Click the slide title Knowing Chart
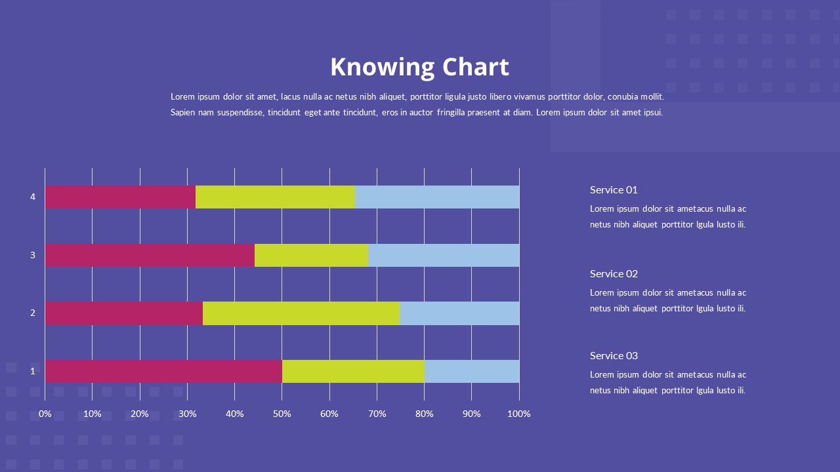point(419,67)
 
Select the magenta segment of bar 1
point(163,371)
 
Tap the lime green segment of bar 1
point(353,371)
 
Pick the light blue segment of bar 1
point(472,371)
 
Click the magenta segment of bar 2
point(124,313)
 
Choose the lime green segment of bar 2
point(301,313)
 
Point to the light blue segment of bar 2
point(459,313)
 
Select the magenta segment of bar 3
point(150,255)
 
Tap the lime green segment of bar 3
point(312,255)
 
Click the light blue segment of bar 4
point(437,197)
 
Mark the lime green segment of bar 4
point(276,197)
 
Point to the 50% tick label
point(282,414)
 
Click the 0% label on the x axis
point(45,414)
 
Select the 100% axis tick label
point(519,414)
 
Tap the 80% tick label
point(425,414)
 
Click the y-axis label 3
point(33,255)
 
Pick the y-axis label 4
point(33,197)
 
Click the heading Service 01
point(614,190)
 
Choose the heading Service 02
point(614,274)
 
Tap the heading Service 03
point(614,356)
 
